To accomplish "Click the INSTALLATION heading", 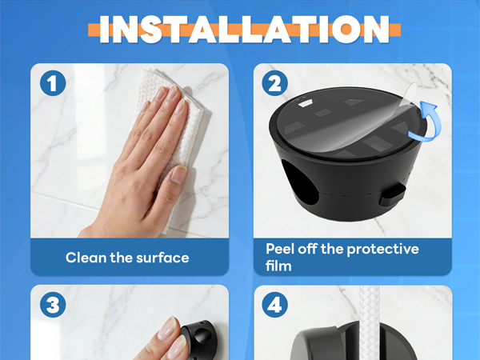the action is (244, 30).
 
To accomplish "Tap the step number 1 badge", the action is (53, 83).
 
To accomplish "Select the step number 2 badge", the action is (274, 83).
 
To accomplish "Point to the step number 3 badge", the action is (53, 305).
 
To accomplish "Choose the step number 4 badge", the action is (274, 305).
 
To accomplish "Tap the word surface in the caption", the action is (162, 258).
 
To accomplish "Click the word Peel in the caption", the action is (280, 249).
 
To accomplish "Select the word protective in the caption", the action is (382, 249).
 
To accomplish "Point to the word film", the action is (278, 266).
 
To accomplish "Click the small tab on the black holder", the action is (393, 195).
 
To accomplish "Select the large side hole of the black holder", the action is (298, 182).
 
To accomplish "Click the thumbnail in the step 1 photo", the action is (178, 175).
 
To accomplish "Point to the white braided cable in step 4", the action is (369, 322).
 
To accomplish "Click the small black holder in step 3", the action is (200, 341).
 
